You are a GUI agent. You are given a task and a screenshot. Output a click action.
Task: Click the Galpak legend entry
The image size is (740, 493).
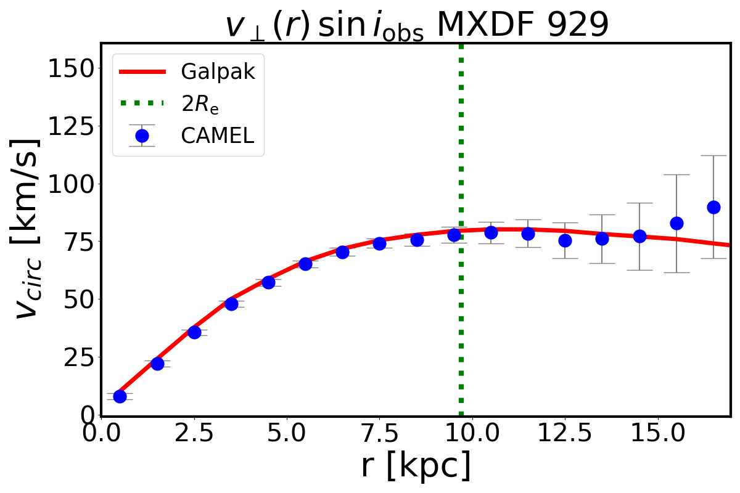[x=217, y=72]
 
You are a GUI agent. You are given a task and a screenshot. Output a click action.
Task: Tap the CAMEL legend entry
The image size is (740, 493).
[x=217, y=136]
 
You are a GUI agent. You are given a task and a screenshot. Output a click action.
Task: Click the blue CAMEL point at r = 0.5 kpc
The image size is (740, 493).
[x=120, y=396]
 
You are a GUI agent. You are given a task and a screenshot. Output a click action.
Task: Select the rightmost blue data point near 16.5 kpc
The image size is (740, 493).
[x=713, y=207]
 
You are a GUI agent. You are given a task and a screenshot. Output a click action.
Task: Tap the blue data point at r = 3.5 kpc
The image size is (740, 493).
[x=231, y=304]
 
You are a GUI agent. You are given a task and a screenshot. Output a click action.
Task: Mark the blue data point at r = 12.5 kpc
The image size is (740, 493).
[x=565, y=240]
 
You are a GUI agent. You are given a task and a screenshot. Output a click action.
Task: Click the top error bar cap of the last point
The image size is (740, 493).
[x=713, y=156]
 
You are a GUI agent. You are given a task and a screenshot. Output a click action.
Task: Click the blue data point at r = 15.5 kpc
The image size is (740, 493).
[x=676, y=223]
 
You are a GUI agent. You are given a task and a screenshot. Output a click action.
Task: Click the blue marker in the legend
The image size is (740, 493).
[x=141, y=136]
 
